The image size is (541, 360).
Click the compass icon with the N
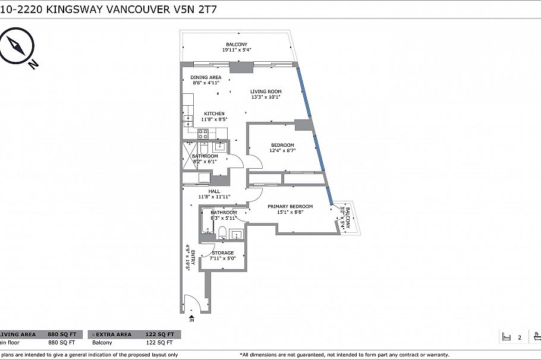[x=16, y=48]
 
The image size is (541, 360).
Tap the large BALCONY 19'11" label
[x=236, y=47]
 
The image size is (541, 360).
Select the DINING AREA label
[x=206, y=80]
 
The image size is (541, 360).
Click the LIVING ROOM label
[x=266, y=94]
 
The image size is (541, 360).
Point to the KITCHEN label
[x=214, y=116]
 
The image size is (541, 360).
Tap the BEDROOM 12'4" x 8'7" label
[x=283, y=148]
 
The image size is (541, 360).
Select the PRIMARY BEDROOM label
[x=290, y=209]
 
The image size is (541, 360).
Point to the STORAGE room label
[x=223, y=255]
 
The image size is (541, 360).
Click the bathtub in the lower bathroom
[x=206, y=223]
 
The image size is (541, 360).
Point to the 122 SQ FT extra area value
[x=161, y=334]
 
